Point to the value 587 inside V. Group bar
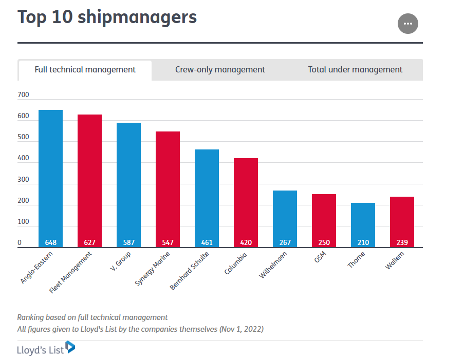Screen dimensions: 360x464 pyautogui.click(x=128, y=242)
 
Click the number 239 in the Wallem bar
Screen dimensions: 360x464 pyautogui.click(x=402, y=242)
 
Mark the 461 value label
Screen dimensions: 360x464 pyautogui.click(x=207, y=242)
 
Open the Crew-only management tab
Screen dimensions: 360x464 pyautogui.click(x=220, y=70)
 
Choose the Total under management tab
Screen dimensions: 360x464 pyautogui.click(x=355, y=70)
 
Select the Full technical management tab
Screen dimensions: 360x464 pyautogui.click(x=85, y=70)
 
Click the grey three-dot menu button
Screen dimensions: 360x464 pyautogui.click(x=408, y=24)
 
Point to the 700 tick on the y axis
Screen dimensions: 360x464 pyautogui.click(x=24, y=95)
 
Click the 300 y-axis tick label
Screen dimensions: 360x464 pyautogui.click(x=24, y=180)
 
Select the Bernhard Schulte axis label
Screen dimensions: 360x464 pyautogui.click(x=190, y=270)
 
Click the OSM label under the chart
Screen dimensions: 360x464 pyautogui.click(x=320, y=257)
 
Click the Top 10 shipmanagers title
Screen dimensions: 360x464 pyautogui.click(x=107, y=17)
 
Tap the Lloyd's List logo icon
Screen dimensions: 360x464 pyautogui.click(x=70, y=348)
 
